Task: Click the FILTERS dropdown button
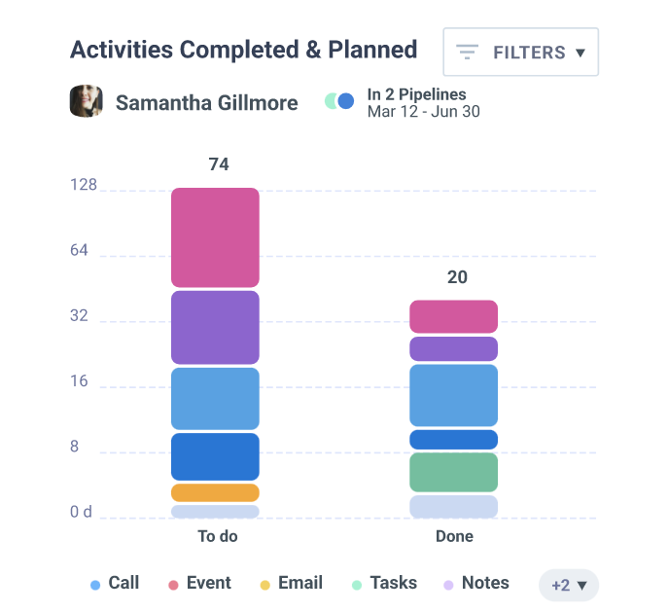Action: click(x=520, y=52)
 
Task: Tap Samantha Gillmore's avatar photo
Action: click(x=87, y=101)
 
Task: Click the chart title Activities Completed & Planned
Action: click(x=243, y=50)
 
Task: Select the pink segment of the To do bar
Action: click(x=215, y=237)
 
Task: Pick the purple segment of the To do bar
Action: click(x=215, y=327)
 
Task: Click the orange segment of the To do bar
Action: click(x=215, y=492)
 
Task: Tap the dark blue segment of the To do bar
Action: click(x=215, y=456)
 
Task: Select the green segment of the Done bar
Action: click(x=453, y=472)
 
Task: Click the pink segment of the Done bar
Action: click(x=453, y=316)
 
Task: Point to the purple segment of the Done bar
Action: click(x=453, y=348)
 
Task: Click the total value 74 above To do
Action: click(x=219, y=164)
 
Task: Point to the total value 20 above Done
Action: click(x=457, y=277)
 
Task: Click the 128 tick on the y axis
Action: click(x=84, y=185)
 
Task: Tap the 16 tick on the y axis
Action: click(x=80, y=380)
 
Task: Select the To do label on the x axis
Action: click(x=217, y=536)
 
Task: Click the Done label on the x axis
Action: click(x=454, y=536)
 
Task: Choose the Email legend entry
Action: click(x=292, y=584)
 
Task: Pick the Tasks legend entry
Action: click(x=384, y=584)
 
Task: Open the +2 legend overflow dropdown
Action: click(x=569, y=585)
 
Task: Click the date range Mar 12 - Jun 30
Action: click(x=423, y=111)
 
